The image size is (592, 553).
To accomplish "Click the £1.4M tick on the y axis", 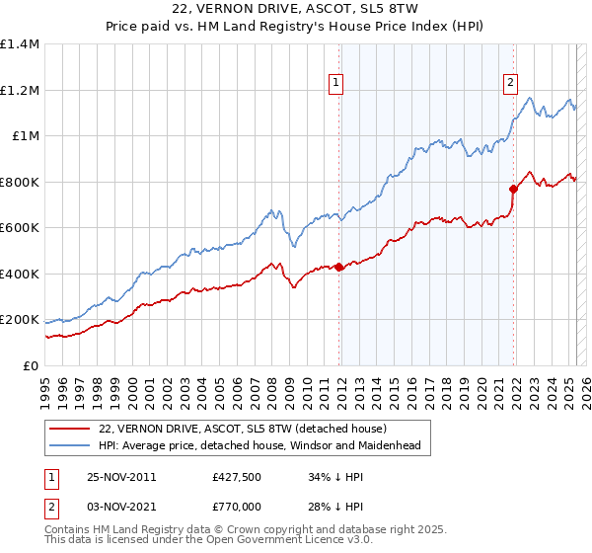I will pos(20,44).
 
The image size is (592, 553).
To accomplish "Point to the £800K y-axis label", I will pos(20,182).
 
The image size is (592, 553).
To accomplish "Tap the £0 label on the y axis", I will pos(32,365).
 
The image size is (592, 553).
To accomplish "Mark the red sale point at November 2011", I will pos(338,267).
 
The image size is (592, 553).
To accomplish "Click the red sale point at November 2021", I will pos(513,189).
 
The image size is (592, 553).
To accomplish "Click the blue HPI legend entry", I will pos(259,446).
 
